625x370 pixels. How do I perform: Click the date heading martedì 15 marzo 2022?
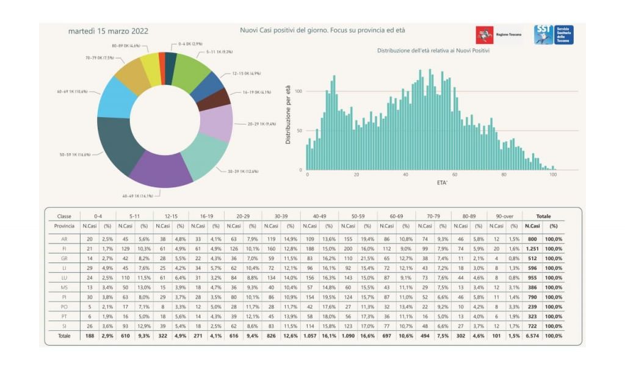point(108,31)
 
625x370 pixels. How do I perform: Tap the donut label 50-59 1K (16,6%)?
point(75,154)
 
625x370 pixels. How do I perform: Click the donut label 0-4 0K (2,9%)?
point(190,44)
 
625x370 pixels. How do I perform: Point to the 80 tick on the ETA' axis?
point(504,175)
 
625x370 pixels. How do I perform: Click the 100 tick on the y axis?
point(299,91)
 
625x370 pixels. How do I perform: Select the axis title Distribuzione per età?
point(288,115)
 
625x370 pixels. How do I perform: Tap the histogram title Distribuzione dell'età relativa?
point(433,50)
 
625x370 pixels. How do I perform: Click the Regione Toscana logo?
point(499,35)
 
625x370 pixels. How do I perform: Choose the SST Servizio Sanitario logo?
point(553,34)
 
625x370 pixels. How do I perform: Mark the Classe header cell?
point(64,216)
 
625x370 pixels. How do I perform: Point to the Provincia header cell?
point(64,226)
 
